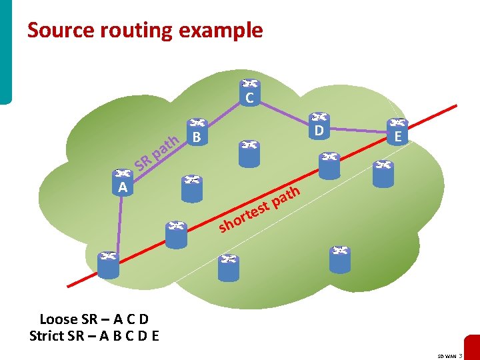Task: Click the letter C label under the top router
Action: [250, 99]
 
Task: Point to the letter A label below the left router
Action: [122, 188]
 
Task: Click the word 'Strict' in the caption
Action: [47, 335]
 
